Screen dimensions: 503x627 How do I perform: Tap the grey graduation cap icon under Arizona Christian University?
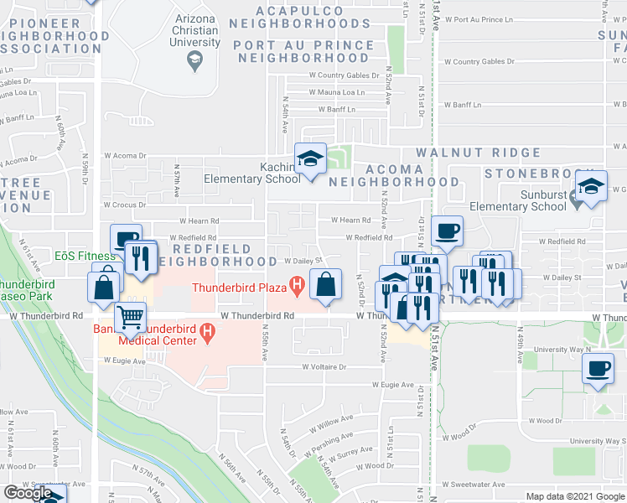pos(194,58)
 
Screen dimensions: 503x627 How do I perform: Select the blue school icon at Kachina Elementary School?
pos(309,159)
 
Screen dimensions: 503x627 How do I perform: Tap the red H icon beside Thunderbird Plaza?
pos(295,286)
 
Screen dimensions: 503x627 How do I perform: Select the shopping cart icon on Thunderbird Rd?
pos(130,319)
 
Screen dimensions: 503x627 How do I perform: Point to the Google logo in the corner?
pos(28,493)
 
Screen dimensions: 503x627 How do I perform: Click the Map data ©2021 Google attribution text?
pos(574,496)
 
